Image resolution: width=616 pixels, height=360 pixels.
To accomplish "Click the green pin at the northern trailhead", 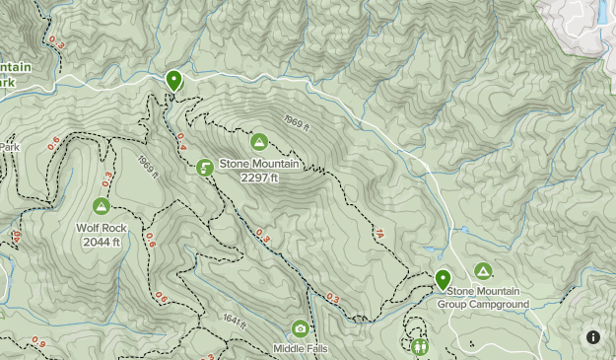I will point(174,80).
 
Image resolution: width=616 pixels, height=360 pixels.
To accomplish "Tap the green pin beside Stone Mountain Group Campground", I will point(443,279).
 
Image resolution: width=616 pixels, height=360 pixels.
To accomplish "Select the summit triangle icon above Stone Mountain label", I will point(259,142).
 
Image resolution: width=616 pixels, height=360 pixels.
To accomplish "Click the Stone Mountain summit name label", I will point(259,164).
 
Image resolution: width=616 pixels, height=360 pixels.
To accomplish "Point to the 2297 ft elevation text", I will point(259,178).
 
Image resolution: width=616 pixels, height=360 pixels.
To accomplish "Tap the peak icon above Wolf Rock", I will point(101,206).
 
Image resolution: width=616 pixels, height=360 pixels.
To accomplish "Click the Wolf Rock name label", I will point(102,228).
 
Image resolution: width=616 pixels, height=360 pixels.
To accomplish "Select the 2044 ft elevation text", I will point(102,242).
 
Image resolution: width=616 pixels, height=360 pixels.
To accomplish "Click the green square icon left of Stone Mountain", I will point(204,168).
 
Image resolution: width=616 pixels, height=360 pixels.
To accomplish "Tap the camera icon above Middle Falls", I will point(300,328).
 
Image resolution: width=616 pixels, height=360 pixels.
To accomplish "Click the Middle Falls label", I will point(301,348).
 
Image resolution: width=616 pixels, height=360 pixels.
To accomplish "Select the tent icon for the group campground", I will point(483,270).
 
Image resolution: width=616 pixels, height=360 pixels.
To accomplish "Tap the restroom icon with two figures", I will point(420,346).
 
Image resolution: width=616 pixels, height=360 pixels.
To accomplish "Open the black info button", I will point(593,337).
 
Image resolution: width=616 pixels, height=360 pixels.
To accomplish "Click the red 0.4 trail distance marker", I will point(181,148).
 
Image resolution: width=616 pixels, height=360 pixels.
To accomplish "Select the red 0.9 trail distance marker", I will point(37,342).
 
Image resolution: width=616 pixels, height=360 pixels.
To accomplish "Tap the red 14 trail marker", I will point(378,234).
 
